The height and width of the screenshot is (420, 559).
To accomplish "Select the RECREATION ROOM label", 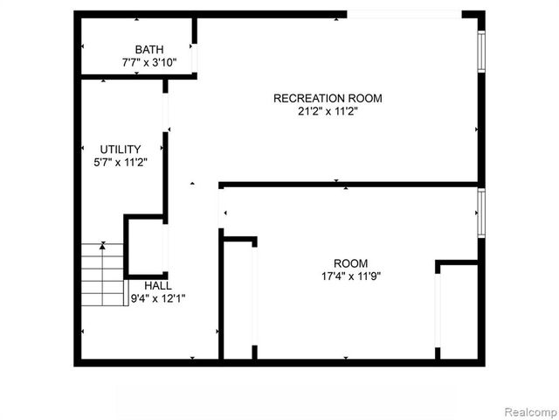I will tap(328, 98).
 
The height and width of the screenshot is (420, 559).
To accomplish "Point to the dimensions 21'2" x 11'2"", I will tap(328, 111).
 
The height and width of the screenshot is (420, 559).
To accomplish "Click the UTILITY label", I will tap(120, 150).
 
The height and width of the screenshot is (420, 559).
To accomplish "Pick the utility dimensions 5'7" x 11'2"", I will tap(120, 162).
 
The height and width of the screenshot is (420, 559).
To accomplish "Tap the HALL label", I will tap(158, 286).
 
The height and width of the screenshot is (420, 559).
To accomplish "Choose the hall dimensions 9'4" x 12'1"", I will tap(158, 298).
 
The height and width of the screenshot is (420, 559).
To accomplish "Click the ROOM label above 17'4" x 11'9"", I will tap(351, 263).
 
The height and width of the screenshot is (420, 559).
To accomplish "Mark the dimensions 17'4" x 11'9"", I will tap(351, 276).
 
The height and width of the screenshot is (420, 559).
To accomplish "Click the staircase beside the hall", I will tap(103, 274).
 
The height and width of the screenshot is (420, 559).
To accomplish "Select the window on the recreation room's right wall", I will tap(480, 52).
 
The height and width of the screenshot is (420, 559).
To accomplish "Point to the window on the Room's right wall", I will tap(480, 212).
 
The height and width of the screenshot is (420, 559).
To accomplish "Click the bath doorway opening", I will tap(195, 57).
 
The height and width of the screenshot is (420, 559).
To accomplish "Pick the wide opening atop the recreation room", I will tap(404, 14).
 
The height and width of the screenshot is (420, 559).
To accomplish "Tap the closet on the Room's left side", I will tap(238, 297).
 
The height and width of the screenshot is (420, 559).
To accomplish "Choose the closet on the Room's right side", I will tap(458, 311).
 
